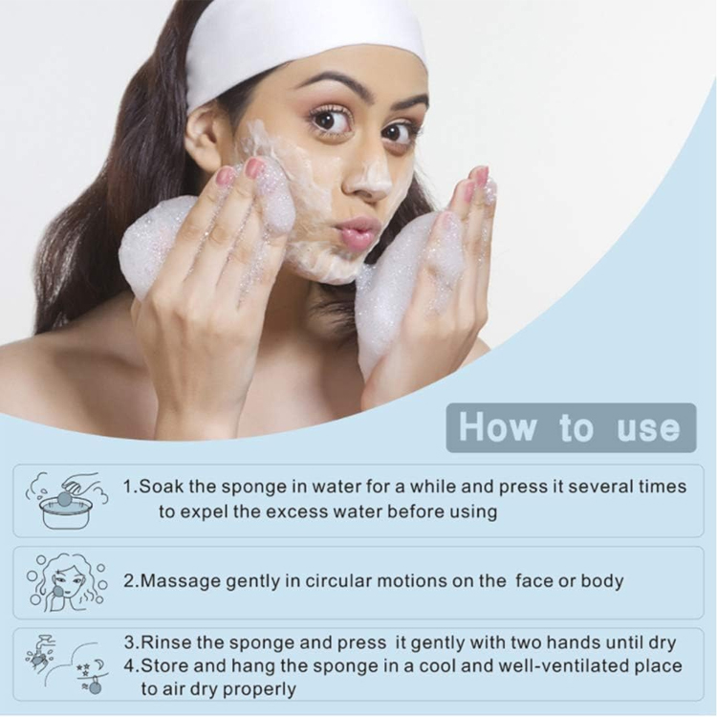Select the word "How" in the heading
497,427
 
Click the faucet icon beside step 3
42,653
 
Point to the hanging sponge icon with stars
93,678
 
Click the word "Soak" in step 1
162,487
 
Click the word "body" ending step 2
601,581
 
